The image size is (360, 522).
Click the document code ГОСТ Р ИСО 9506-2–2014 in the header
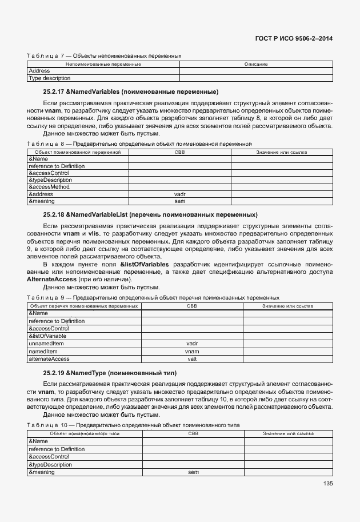pos(292,38)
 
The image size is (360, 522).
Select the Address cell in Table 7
pos(39,71)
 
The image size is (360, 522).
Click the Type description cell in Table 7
pos(50,78)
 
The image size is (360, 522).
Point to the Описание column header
pos(256,64)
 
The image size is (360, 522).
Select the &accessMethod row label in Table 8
pos(49,187)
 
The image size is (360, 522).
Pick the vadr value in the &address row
pos(180,194)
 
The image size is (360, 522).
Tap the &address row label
pos(42,194)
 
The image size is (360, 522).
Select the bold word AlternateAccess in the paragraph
pos(51,280)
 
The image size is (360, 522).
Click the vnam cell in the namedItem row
pos(192,351)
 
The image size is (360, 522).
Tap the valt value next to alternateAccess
pos(192,358)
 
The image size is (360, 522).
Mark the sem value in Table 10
pos(193,472)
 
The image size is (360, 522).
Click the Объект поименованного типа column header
pos(85,434)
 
